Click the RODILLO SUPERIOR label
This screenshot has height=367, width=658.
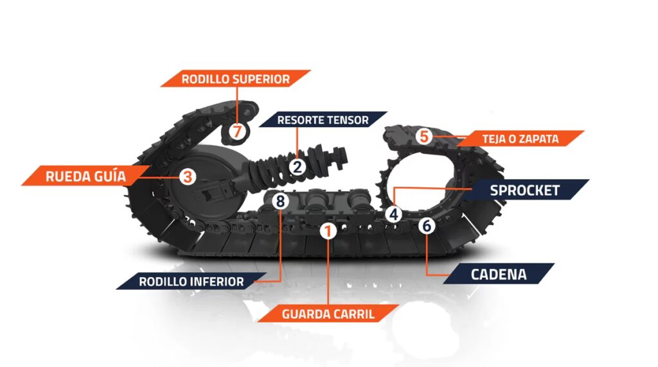[235, 79]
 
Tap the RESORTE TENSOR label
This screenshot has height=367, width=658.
[323, 120]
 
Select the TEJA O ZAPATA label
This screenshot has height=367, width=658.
[520, 139]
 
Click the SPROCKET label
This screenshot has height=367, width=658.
[525, 190]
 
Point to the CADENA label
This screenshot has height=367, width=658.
[499, 274]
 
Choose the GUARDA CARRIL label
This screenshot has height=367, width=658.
[328, 314]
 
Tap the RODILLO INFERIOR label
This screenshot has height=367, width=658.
[191, 281]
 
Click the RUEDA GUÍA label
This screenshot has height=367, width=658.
[85, 176]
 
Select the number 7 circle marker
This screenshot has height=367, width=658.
[237, 131]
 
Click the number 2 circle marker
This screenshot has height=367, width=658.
[298, 167]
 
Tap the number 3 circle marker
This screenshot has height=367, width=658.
[188, 177]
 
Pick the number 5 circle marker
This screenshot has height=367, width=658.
[424, 136]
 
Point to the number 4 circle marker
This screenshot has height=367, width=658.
[394, 214]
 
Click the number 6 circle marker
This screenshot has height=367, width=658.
[427, 226]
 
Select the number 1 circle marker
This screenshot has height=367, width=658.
[328, 231]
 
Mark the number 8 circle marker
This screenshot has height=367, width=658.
[280, 201]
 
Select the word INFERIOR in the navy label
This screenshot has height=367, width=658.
[218, 282]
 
